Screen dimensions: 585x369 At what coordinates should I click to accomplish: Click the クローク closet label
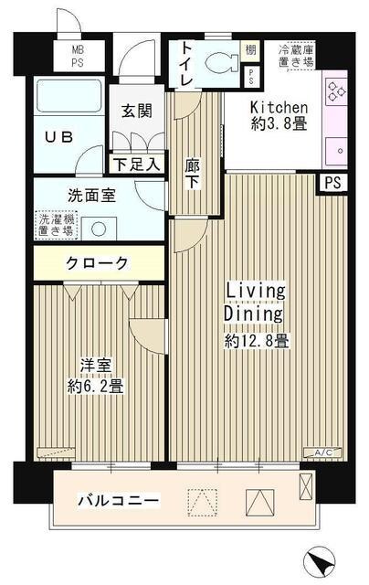click(97, 264)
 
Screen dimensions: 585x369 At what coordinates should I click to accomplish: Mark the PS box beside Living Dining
click(333, 183)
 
